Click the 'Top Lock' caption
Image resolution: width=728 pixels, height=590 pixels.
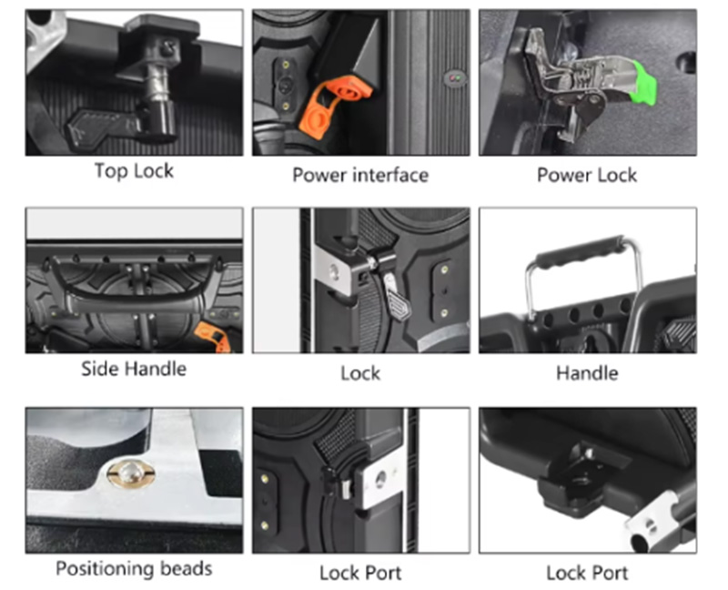134,171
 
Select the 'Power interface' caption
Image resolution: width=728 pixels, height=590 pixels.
360,175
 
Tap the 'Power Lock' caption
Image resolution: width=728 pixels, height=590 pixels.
587,175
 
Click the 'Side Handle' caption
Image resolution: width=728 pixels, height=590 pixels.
134,369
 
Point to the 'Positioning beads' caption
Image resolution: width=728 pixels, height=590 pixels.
134,569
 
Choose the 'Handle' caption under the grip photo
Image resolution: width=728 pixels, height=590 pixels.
587,373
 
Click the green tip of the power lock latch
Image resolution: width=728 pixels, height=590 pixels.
643,85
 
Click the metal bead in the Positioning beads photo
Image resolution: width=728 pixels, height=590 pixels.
131,473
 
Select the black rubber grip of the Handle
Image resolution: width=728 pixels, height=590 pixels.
581,253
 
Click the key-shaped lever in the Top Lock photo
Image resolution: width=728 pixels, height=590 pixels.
104,126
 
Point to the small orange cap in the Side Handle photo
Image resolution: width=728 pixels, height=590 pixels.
213,336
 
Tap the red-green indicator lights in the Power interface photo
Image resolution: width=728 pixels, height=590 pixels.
454,78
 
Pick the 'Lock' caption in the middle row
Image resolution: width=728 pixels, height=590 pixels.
360,373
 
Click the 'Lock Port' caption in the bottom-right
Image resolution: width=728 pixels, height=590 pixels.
587,573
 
